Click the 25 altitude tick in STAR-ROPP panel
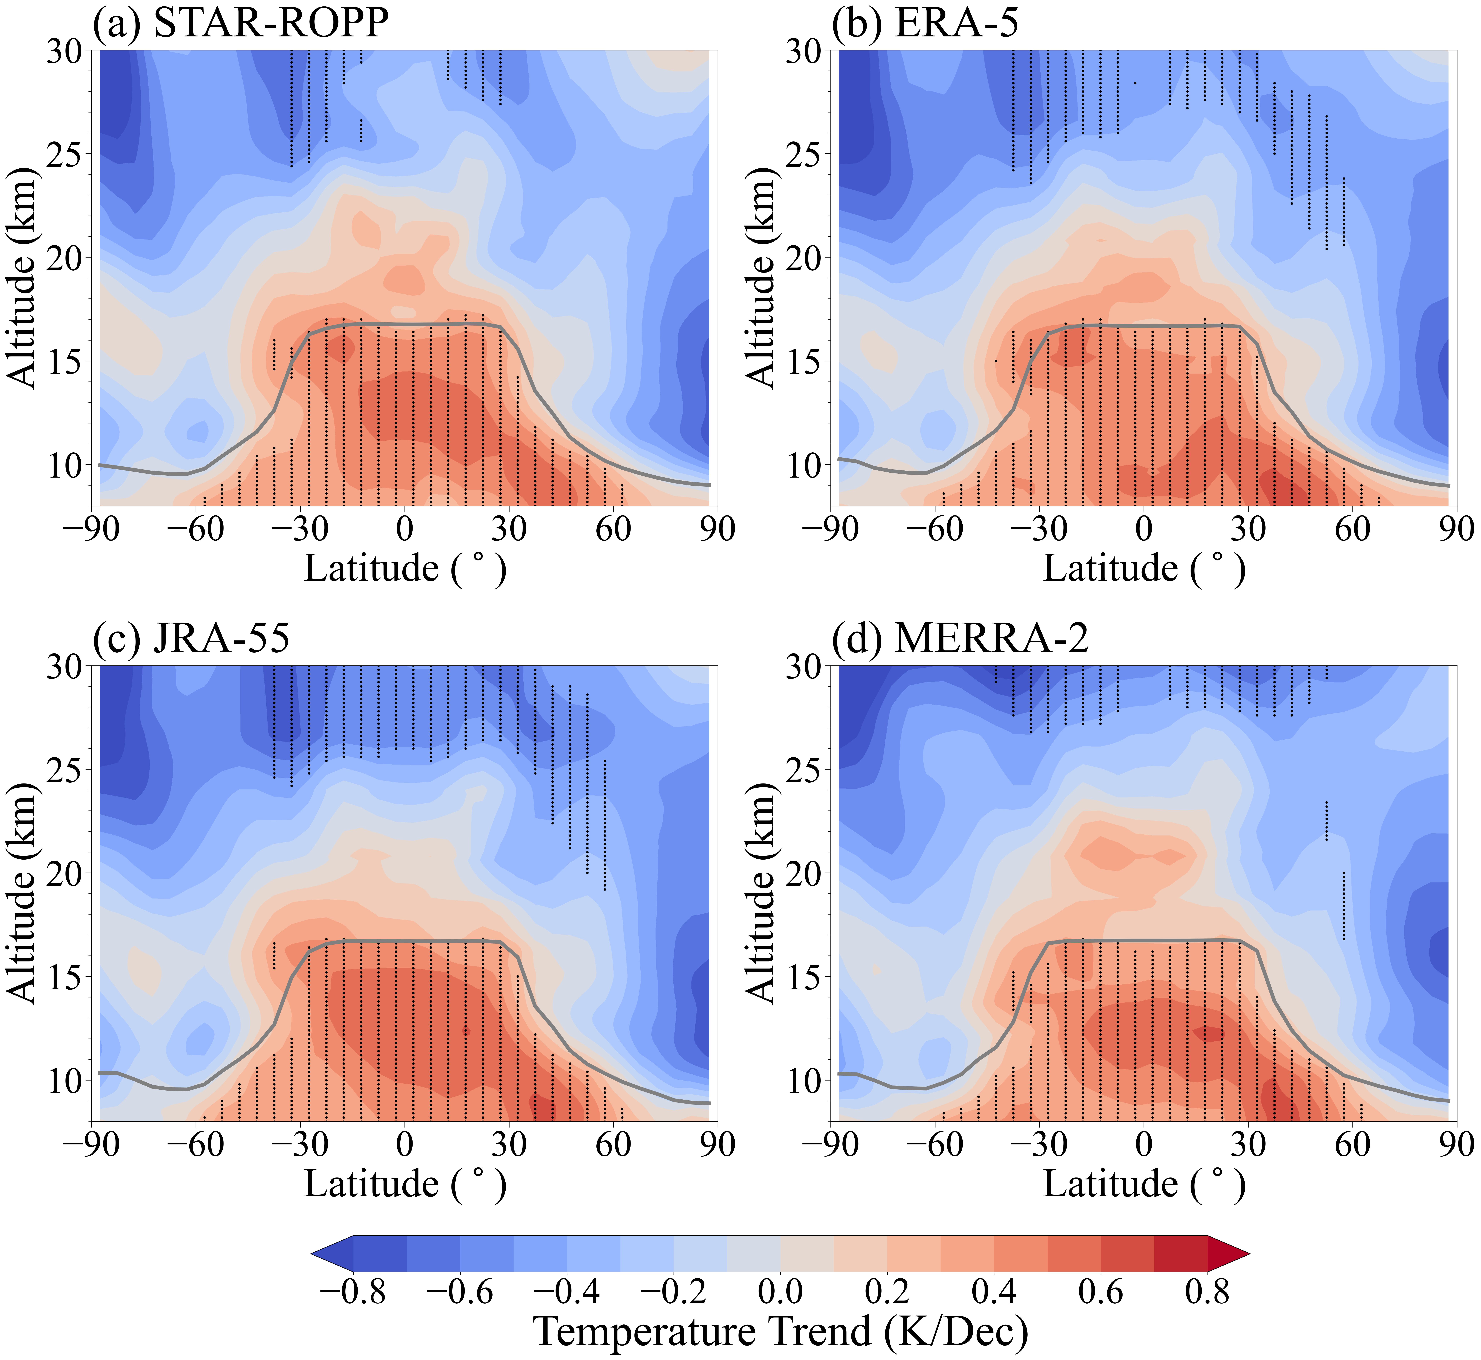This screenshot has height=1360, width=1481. (x=66, y=154)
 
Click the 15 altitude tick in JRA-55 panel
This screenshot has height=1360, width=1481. (x=66, y=977)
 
